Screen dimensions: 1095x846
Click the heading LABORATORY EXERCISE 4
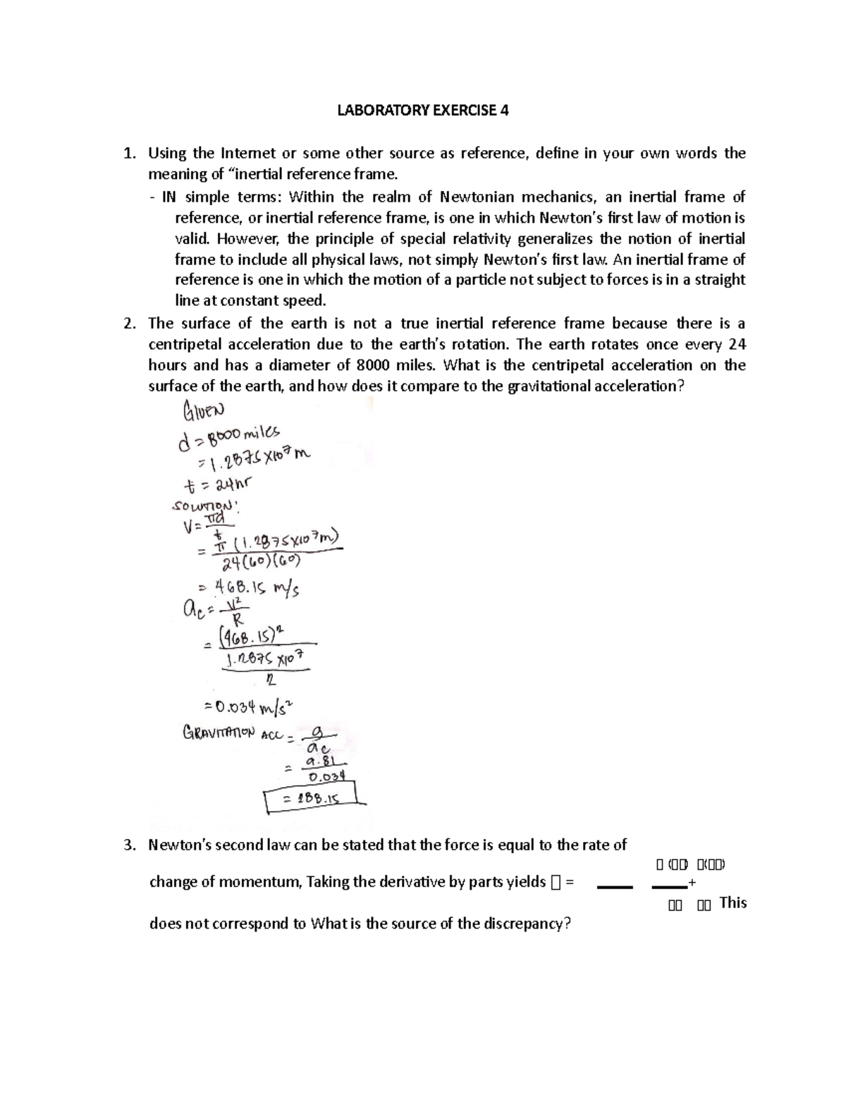(x=422, y=111)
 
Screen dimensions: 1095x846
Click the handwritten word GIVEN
(x=203, y=410)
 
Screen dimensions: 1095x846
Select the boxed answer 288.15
(x=311, y=799)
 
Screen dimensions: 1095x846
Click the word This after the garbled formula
(x=732, y=903)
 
